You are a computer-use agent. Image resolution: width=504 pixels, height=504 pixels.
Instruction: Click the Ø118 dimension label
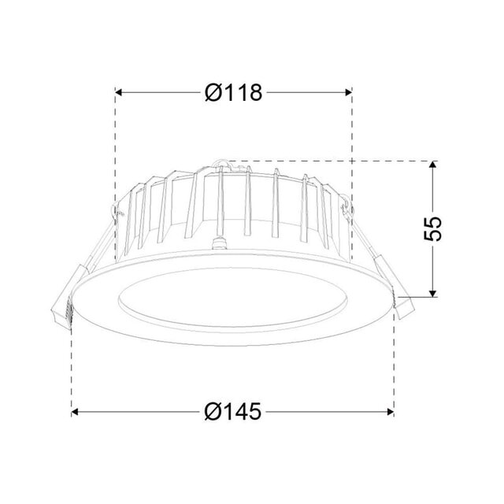coord(233,93)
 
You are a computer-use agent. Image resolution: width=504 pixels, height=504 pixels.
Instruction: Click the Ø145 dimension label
coord(233,411)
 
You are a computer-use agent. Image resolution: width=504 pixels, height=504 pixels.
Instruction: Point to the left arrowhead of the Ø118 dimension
coord(121,93)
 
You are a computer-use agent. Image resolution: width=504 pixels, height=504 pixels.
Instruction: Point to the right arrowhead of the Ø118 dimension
coord(346,93)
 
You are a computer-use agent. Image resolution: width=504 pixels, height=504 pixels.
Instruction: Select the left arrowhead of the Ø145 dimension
coord(77,411)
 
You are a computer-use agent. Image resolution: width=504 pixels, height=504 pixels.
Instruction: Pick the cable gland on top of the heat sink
coord(220,165)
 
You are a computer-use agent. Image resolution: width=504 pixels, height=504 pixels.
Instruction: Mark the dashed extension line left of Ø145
coord(72,370)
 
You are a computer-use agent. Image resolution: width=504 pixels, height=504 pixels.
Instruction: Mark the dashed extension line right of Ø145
coord(393,370)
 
